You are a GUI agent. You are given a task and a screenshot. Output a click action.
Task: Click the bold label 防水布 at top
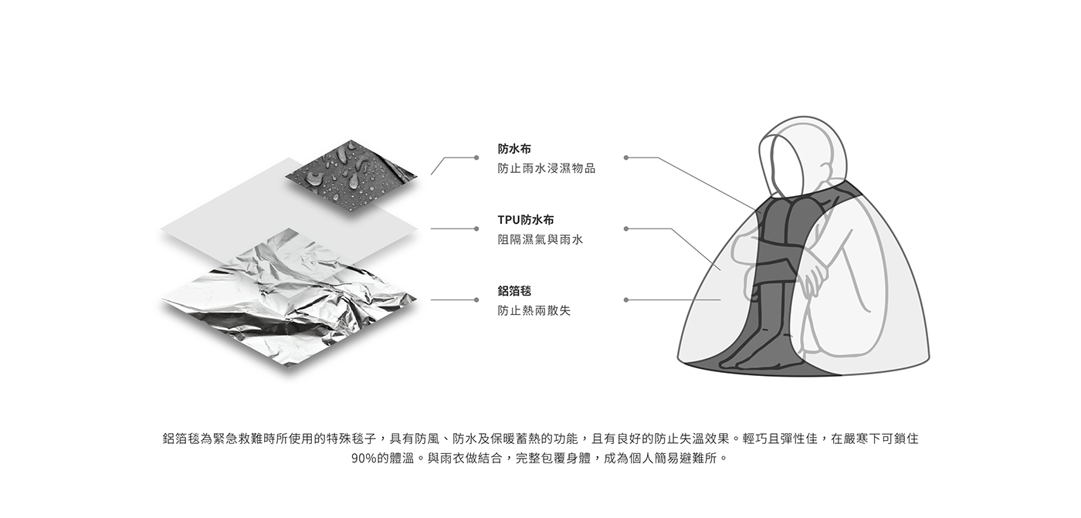[514, 148]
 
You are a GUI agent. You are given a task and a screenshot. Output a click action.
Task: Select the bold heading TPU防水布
[526, 220]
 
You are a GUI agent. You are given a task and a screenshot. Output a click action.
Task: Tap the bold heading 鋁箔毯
[514, 291]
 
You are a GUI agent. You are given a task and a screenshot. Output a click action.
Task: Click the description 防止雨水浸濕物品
[546, 168]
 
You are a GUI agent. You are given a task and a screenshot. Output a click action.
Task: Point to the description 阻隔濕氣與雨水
[540, 239]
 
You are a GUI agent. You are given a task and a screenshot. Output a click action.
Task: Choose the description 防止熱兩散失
[534, 310]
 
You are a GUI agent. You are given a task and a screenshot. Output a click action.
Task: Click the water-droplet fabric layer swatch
[351, 176]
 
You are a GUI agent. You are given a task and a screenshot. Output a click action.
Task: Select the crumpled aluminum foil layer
[286, 301]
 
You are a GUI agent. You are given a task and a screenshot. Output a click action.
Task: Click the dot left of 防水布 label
[476, 157]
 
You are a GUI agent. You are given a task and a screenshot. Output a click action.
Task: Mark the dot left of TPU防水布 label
[476, 229]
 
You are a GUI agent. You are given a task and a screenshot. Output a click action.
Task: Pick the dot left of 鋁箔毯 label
[476, 300]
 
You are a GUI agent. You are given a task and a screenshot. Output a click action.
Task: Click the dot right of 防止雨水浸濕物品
[625, 157]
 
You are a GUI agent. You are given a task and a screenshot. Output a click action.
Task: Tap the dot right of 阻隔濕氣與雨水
[625, 229]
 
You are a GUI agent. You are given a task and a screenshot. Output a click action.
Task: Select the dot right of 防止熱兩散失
[625, 300]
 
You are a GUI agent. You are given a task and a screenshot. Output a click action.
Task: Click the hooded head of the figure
[799, 154]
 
